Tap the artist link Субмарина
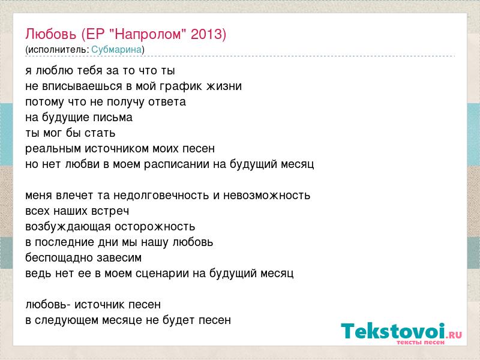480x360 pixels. pos(116,50)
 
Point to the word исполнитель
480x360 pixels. pos(58,50)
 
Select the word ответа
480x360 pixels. pos(167,102)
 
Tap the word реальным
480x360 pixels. pos(53,149)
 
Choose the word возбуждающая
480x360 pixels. pos(68,227)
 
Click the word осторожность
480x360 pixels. pos(155,227)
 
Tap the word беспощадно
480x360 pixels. pos(59,258)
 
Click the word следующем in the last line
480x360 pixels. pos(67,321)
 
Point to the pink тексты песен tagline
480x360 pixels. pos(421,343)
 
